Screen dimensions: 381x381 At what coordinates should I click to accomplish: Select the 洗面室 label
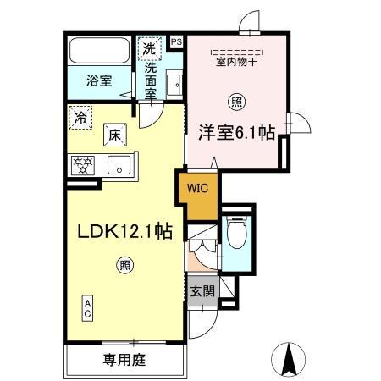150,80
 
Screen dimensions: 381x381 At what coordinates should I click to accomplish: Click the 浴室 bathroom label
99,82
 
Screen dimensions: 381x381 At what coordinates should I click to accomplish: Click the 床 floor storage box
113,133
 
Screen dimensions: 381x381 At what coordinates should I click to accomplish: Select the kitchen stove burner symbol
83,163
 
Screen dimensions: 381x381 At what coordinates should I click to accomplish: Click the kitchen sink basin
120,164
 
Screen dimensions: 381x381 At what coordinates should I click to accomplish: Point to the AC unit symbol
87,307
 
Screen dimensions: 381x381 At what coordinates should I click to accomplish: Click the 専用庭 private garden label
124,360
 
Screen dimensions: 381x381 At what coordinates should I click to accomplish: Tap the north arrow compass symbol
289,358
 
